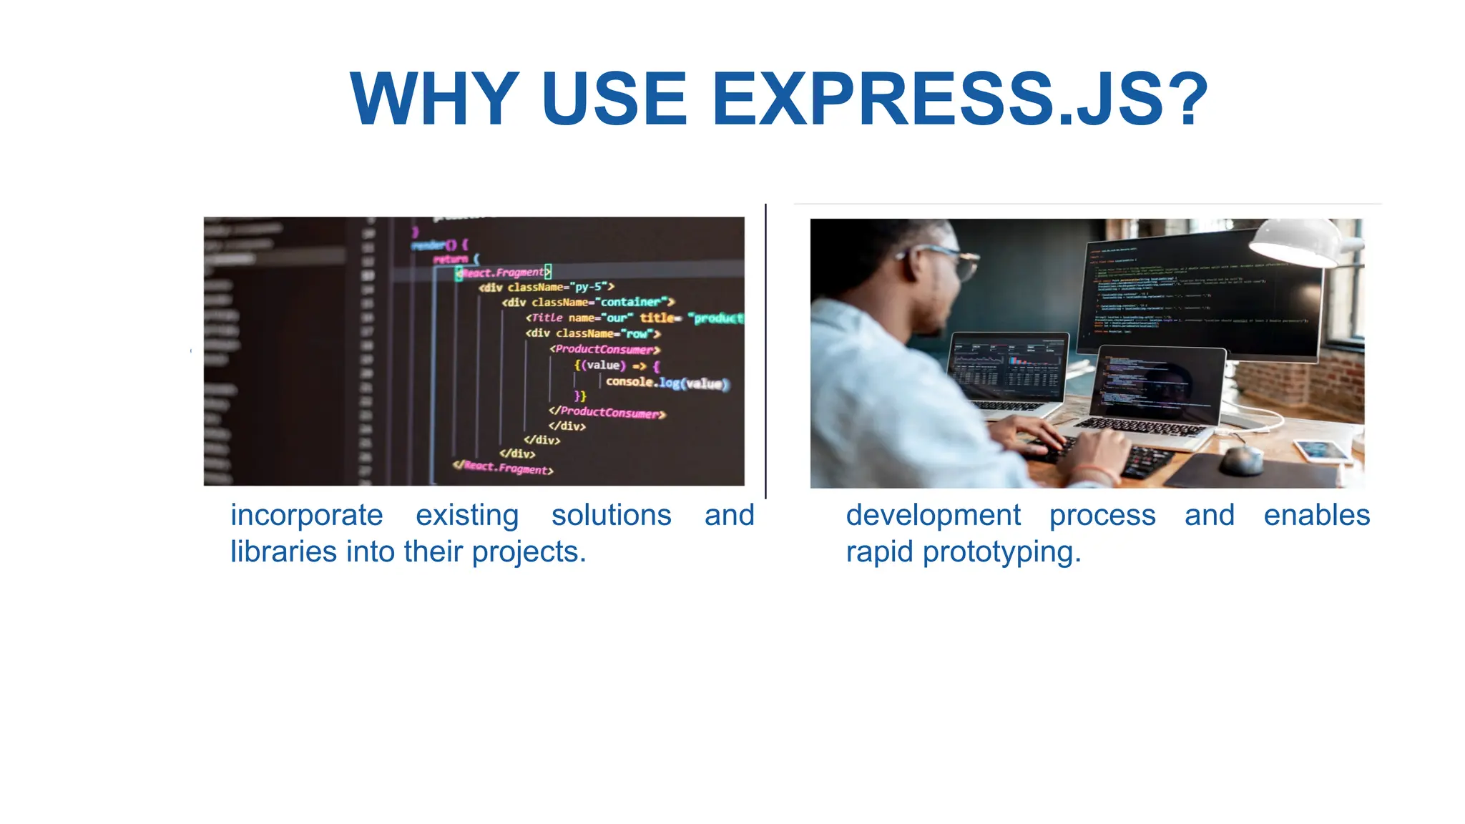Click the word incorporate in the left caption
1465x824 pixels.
point(306,515)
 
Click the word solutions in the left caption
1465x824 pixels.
point(611,515)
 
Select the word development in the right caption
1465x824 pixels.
point(933,515)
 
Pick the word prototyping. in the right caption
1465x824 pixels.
point(1001,552)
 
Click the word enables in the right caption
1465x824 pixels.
point(1316,515)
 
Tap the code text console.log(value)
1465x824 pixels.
point(667,383)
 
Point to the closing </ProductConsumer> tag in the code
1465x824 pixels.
point(607,412)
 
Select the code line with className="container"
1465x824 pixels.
point(588,302)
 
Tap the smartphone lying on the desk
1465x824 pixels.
point(1321,451)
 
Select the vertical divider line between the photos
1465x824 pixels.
point(765,350)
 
